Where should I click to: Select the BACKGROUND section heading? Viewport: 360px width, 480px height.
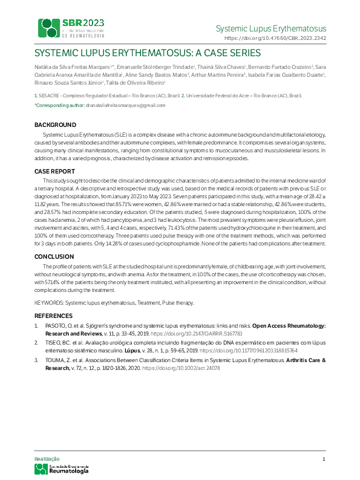(55, 125)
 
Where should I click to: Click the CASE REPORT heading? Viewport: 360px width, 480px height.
(55, 172)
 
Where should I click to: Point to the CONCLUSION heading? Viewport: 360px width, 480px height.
(55, 256)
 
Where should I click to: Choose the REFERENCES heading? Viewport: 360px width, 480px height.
(53, 316)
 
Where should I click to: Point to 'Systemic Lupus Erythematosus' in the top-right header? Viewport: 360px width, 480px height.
(271, 28)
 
